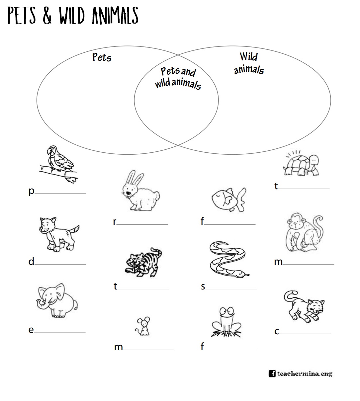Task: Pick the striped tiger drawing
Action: coord(142,262)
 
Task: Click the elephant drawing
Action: coord(57,301)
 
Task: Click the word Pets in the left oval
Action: coord(102,57)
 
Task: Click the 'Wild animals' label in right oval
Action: coord(249,63)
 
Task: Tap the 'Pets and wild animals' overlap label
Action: coord(178,78)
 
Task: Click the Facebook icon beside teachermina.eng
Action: coord(272,373)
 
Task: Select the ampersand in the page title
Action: coord(47,16)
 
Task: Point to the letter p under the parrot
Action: coord(32,192)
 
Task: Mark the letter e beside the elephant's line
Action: coord(31,330)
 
